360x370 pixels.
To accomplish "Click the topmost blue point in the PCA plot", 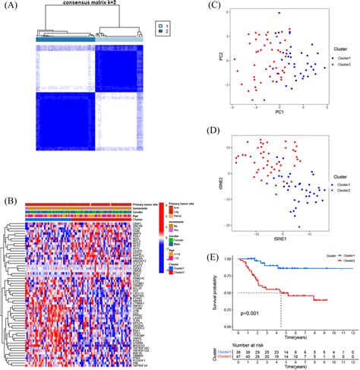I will pos(279,14).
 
